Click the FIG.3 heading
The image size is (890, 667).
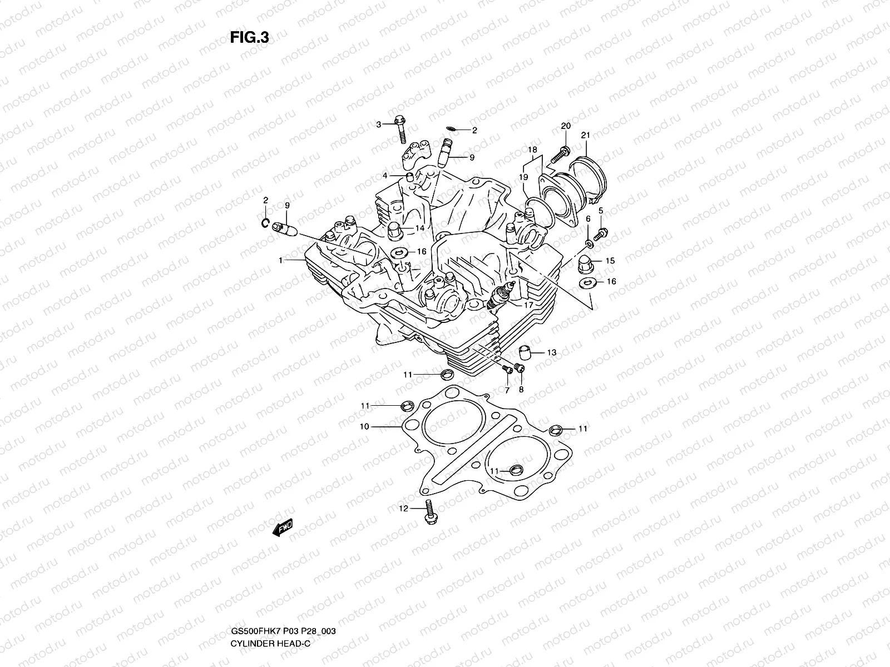250,37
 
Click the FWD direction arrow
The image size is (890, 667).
282,527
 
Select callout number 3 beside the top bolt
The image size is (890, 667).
378,124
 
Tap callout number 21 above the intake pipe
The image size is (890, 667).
586,135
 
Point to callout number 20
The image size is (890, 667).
565,126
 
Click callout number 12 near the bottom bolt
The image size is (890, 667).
403,509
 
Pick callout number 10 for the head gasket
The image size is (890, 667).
364,427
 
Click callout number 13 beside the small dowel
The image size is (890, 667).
551,352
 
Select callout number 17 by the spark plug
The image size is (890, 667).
528,305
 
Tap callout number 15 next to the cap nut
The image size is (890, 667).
610,261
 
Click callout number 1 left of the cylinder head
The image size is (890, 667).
281,260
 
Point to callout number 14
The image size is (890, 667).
419,228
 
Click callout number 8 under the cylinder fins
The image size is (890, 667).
521,390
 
